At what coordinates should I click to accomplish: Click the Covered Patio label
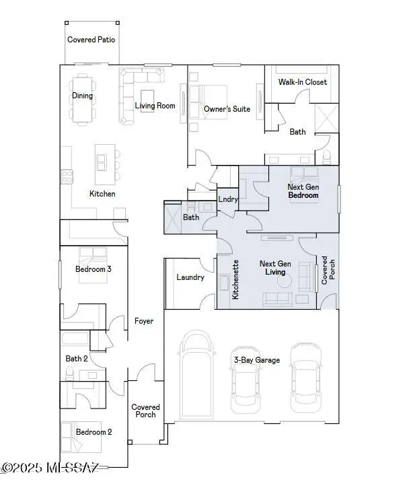pos(91,40)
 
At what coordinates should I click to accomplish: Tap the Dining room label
pos(83,96)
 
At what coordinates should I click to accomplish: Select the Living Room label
pos(155,106)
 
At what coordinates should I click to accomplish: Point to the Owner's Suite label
pos(227,108)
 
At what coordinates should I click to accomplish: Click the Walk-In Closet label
pos(303,82)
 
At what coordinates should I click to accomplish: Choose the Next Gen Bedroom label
pos(303,191)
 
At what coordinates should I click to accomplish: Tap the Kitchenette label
pos(235,279)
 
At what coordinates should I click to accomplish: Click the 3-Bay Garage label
pos(257,361)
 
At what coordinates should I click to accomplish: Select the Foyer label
pos(143,321)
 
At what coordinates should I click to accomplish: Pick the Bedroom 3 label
pos(93,269)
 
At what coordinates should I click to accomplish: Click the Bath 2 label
pos(76,359)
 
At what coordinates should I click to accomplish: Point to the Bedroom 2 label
pos(93,432)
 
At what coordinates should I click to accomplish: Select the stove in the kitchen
pos(67,176)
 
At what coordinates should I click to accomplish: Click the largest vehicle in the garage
pos(196,371)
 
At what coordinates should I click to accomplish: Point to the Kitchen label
pos(102,194)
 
